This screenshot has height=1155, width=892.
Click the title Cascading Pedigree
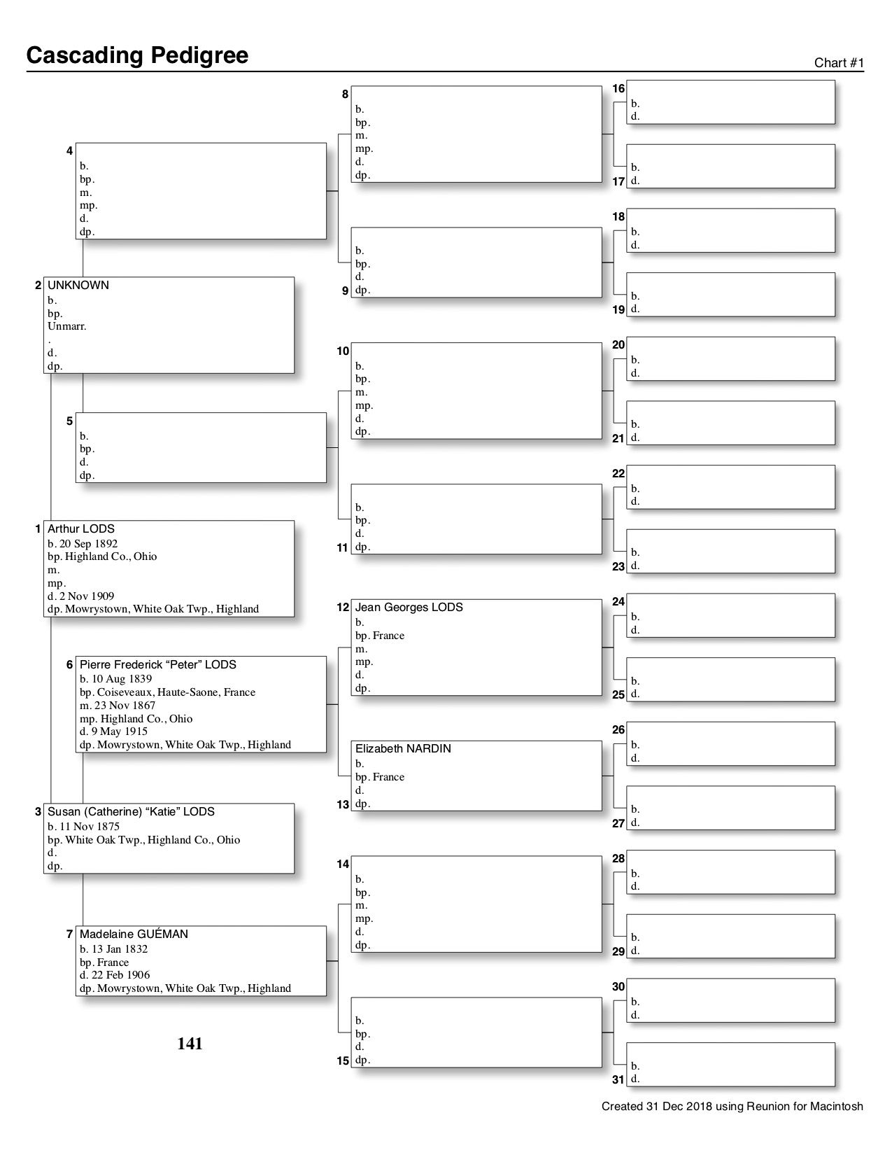(137, 55)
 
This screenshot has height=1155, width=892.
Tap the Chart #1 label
(839, 63)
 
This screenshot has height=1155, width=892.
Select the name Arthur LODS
(80, 529)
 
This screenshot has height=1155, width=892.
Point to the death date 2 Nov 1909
(85, 596)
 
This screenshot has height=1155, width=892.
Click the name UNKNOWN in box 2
(78, 286)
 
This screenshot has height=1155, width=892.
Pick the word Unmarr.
(66, 326)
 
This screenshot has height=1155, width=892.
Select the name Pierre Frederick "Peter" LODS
(157, 664)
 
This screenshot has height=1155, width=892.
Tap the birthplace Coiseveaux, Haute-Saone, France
(176, 692)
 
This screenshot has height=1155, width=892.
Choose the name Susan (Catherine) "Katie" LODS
(131, 812)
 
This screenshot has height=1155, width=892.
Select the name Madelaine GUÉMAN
(134, 934)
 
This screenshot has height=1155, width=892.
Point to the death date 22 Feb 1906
(120, 975)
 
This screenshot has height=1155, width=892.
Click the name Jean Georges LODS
(409, 608)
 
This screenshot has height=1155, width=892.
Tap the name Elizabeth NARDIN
(403, 749)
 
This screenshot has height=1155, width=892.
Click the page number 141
(190, 1044)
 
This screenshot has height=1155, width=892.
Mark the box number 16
(618, 89)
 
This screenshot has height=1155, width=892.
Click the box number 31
(618, 1080)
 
